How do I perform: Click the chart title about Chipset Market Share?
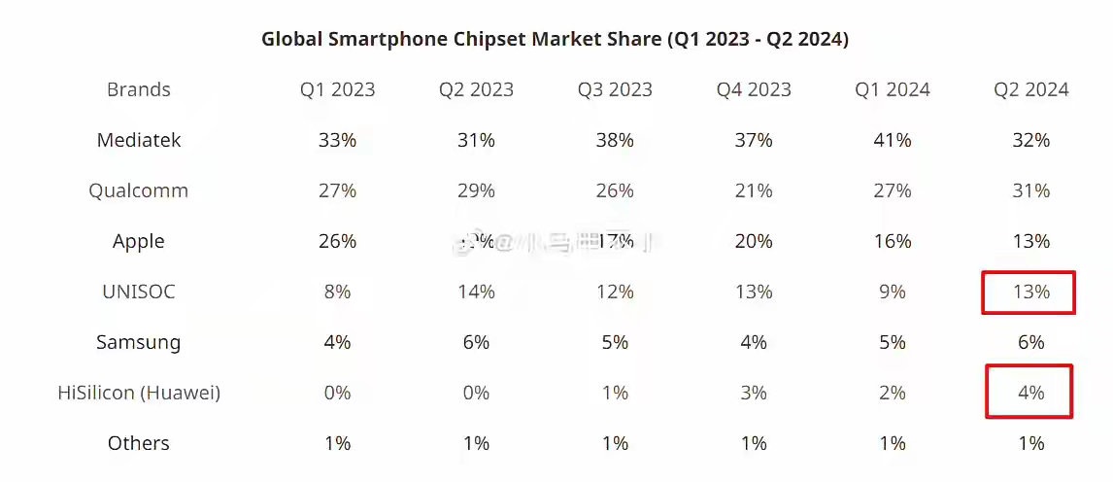coord(555,39)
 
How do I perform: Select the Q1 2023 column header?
coord(337,89)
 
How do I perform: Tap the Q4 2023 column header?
coord(754,89)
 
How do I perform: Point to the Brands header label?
coord(139,89)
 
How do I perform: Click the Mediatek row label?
coord(139,140)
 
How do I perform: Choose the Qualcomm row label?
coord(139,190)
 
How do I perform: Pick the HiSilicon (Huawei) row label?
coord(139,393)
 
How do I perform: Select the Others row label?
coord(139,443)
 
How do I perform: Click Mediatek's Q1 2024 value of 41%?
coord(892,140)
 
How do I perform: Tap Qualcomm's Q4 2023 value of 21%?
coord(754,190)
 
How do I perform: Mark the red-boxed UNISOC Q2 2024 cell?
coord(1029,292)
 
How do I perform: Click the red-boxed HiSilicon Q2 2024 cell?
coord(1029,392)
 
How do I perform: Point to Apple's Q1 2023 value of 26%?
coord(337,241)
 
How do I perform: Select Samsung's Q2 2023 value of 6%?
coord(476,342)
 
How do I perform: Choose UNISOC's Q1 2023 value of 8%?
coord(337,292)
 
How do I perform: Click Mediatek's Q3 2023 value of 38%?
coord(615,140)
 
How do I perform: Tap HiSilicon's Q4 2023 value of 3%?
coord(754,393)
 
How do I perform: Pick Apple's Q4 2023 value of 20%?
coord(754,241)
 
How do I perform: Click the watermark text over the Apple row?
coord(554,242)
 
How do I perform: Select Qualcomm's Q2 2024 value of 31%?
coord(1030,190)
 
